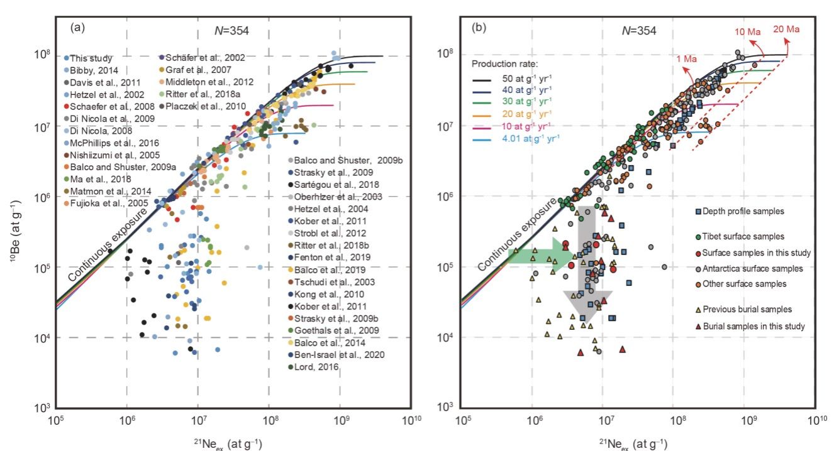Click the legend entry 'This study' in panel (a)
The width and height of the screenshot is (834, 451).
(x=87, y=58)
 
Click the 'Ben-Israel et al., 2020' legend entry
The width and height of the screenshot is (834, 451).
(x=338, y=354)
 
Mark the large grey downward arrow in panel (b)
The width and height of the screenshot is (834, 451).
(x=587, y=264)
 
